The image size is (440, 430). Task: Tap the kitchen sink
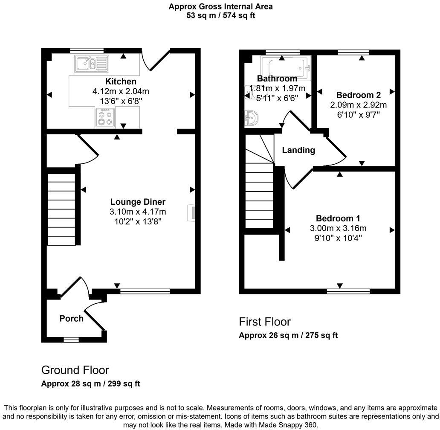(x=91, y=64)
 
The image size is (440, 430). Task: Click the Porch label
(x=71, y=318)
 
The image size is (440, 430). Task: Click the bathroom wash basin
(x=252, y=118)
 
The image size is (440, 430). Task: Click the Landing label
(x=298, y=150)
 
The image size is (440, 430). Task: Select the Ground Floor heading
(x=75, y=370)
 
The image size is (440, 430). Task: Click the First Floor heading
(x=265, y=322)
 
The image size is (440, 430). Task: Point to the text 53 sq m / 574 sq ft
(x=221, y=16)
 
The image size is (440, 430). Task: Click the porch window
(x=71, y=340)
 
